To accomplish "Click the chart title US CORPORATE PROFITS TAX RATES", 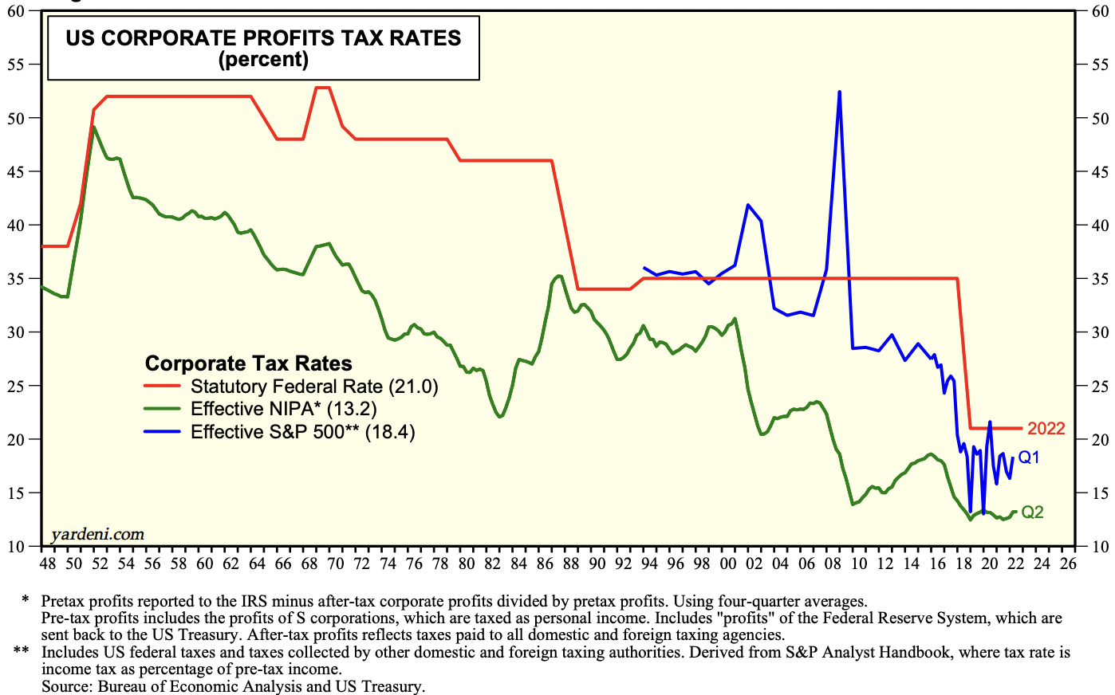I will coord(263,38).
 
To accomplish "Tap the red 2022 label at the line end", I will coord(1046,429).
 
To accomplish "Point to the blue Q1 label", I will coord(1029,457).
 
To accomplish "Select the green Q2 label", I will coord(1032,512).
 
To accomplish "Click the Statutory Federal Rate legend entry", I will coord(314,387).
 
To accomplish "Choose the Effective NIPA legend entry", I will coord(283,409).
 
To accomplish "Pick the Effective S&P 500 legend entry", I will coord(302,432).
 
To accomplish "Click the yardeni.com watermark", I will coord(97,534).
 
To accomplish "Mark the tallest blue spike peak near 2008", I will coord(840,92).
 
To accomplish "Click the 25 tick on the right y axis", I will coord(1101,387).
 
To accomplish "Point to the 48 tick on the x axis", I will coord(48,563).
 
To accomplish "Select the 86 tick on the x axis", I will coord(546,563).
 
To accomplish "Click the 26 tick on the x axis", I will coord(1068,563).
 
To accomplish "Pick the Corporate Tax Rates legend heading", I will coord(248,363).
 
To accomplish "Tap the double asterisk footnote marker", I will coord(22,652).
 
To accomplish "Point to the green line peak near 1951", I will coord(94,128).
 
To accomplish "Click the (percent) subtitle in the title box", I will coord(263,60).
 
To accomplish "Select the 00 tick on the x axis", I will coord(728,563).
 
